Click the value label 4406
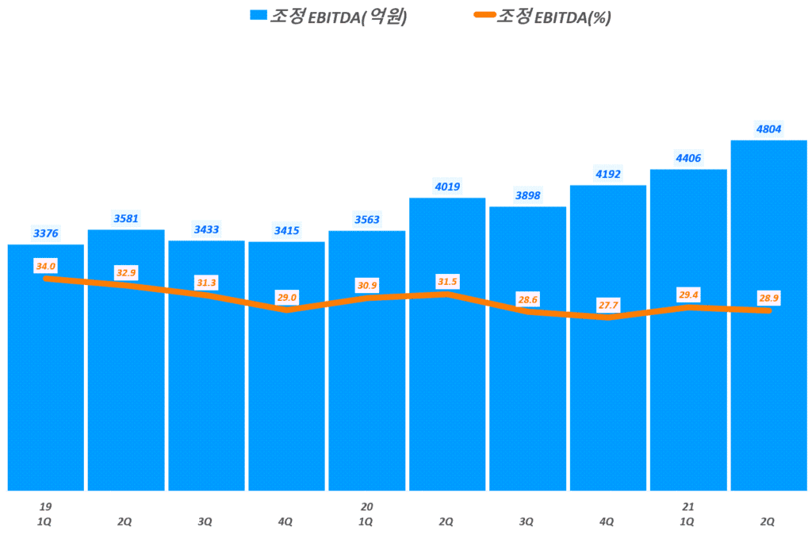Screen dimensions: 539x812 [688, 158]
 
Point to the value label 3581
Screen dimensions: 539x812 [125, 218]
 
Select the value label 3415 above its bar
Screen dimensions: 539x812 [286, 230]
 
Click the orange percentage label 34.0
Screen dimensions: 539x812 [45, 266]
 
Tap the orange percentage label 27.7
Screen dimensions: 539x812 [607, 304]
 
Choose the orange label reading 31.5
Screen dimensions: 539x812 [446, 282]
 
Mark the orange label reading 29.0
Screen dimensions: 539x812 [286, 298]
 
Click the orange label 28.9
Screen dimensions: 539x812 [768, 298]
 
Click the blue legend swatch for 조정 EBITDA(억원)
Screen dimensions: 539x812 [258, 16]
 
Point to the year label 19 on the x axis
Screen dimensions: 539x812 [45, 506]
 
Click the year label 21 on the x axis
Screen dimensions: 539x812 [688, 506]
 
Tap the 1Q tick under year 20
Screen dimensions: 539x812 [366, 522]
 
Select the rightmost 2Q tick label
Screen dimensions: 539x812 [768, 522]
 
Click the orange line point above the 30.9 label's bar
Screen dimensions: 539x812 [366, 298]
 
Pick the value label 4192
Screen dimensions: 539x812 [607, 174]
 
